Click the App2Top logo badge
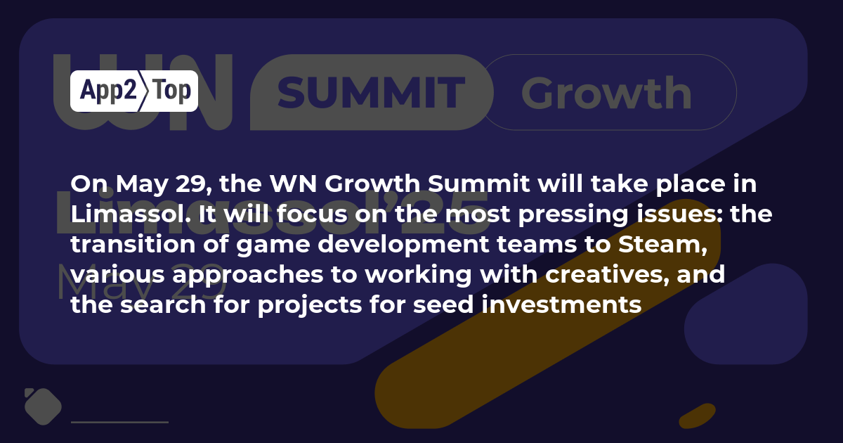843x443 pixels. click(x=134, y=91)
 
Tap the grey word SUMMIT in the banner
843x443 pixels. click(x=372, y=92)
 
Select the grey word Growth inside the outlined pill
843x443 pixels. click(x=606, y=93)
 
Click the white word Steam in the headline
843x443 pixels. click(x=662, y=244)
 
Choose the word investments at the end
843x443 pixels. click(x=561, y=304)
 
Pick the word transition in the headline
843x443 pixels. click(x=133, y=244)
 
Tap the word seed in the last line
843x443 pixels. click(x=443, y=304)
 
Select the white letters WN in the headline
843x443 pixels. click(x=293, y=184)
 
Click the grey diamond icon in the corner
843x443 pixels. click(x=43, y=406)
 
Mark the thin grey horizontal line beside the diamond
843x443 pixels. click(x=119, y=423)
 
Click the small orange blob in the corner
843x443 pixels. click(x=698, y=416)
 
